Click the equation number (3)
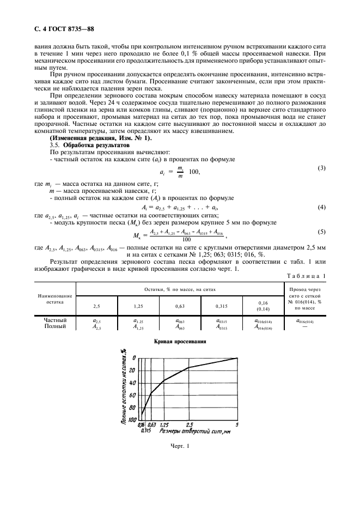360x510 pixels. click(321, 168)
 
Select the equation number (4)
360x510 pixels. click(321, 208)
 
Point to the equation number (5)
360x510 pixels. click(321, 232)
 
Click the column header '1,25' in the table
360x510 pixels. click(138, 306)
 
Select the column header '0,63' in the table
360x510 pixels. click(180, 306)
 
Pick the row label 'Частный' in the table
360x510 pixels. click(55, 320)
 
